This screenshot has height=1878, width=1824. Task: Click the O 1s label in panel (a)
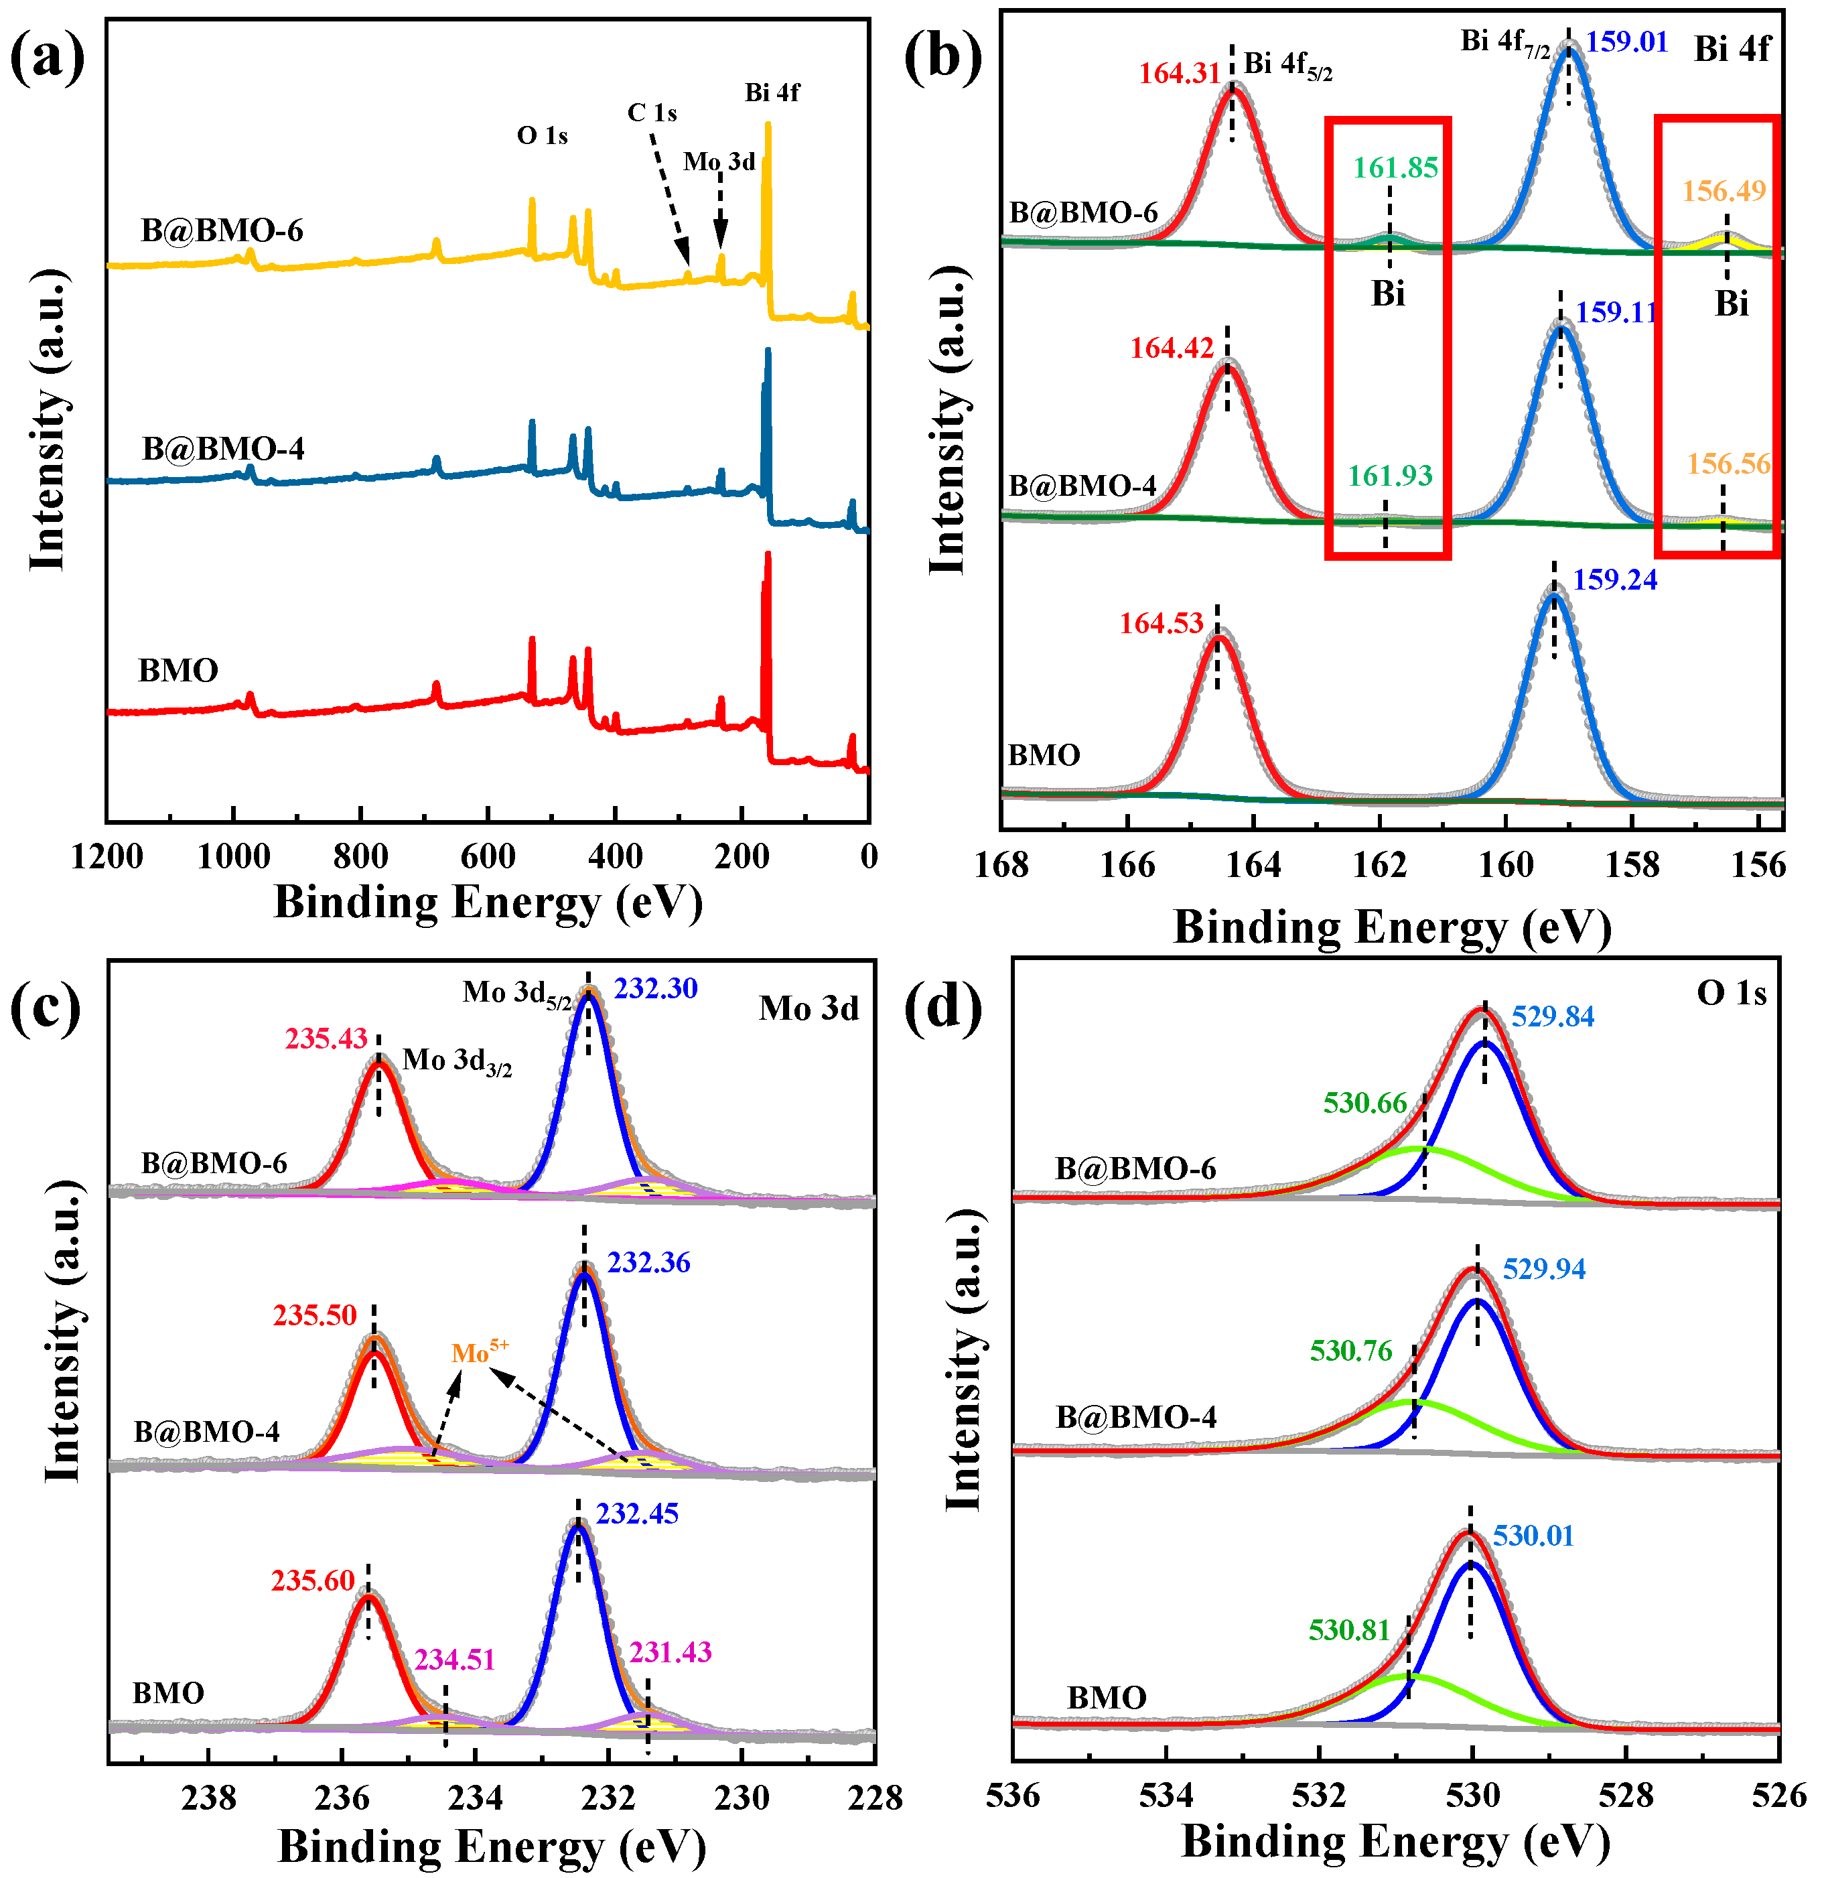pos(542,136)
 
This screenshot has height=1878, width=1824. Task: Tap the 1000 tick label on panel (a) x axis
pos(233,856)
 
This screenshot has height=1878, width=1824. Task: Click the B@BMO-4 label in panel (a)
pos(223,448)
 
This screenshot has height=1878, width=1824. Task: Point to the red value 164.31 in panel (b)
pos(1180,74)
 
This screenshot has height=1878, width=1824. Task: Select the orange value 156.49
pos(1724,191)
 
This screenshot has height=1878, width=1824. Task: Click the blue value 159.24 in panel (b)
pos(1614,580)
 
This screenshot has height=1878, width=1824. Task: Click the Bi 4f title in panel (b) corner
pos(1732,48)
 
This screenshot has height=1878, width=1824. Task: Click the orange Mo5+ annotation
pos(479,1352)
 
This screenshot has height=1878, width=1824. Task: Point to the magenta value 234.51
pos(454,1660)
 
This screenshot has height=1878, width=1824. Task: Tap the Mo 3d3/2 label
pos(457,1061)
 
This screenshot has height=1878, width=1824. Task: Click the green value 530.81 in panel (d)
pos(1349,1630)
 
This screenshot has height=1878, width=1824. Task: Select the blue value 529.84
pos(1552,1016)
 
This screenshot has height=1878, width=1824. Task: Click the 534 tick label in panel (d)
pos(1166,1795)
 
